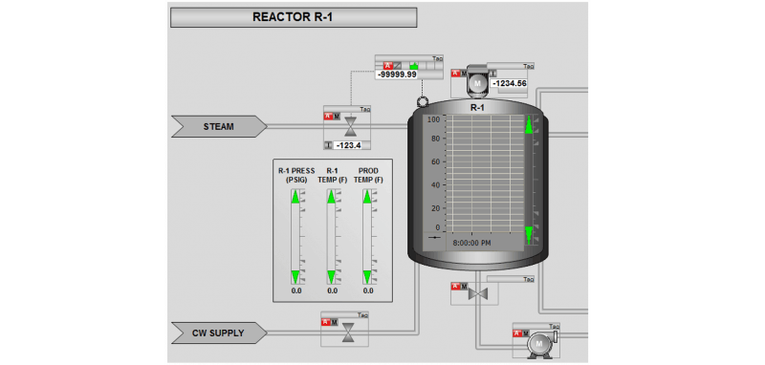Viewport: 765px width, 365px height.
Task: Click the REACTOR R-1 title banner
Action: [x=293, y=16]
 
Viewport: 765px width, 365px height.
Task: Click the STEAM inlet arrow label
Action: [x=219, y=126]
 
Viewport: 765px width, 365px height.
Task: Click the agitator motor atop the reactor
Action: [x=475, y=84]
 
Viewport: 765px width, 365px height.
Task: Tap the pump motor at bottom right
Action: [x=537, y=341]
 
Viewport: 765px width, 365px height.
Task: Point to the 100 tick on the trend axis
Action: [x=432, y=120]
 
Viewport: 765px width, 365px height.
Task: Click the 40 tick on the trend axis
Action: [x=434, y=184]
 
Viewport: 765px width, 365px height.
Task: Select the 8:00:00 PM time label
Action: [x=471, y=243]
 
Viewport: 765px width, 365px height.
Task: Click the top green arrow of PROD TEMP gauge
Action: [x=367, y=197]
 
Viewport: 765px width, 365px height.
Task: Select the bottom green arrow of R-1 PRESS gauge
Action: [x=295, y=277]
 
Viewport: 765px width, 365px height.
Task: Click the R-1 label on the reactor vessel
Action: [x=478, y=108]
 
